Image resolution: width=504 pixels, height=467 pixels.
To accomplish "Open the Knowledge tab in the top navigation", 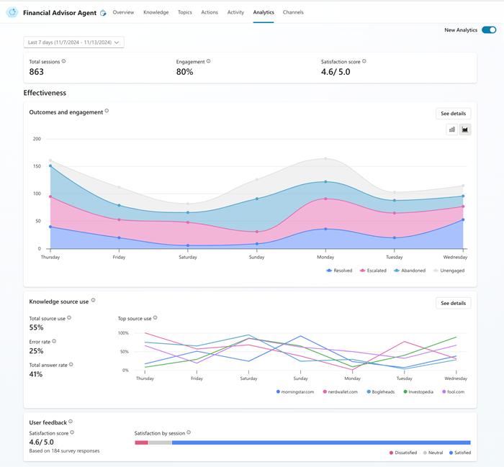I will coord(156,12).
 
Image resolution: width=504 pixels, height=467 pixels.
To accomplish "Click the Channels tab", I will coord(293,12).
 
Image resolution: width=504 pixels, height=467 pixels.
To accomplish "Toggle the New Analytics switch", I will coord(489,30).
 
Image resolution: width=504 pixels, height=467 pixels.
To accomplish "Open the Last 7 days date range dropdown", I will coord(73,42).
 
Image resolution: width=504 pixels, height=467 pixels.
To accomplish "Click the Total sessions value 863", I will coord(37,72).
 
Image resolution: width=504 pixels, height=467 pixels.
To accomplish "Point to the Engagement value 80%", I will coord(184,72).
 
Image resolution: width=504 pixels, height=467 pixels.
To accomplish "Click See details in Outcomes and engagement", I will coord(454,114).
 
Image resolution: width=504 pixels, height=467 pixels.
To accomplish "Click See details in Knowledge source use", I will coord(454,303).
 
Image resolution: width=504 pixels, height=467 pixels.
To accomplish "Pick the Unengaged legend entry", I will coord(449,271).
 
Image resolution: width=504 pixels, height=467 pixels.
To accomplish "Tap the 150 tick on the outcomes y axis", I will coord(36,166).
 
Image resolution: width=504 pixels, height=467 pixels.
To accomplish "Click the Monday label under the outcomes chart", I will coord(325,257).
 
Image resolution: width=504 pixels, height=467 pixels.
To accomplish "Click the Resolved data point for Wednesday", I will coord(462,219).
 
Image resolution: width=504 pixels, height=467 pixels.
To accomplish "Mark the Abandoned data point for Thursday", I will coord(50,166).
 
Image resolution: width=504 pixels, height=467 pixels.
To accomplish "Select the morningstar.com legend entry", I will coord(296,392).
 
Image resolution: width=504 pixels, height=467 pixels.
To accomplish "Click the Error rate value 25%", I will coord(36,351).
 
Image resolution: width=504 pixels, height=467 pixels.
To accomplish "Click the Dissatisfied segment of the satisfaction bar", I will coord(140,443).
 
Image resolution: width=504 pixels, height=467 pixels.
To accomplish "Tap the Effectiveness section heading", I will coord(45,93).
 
